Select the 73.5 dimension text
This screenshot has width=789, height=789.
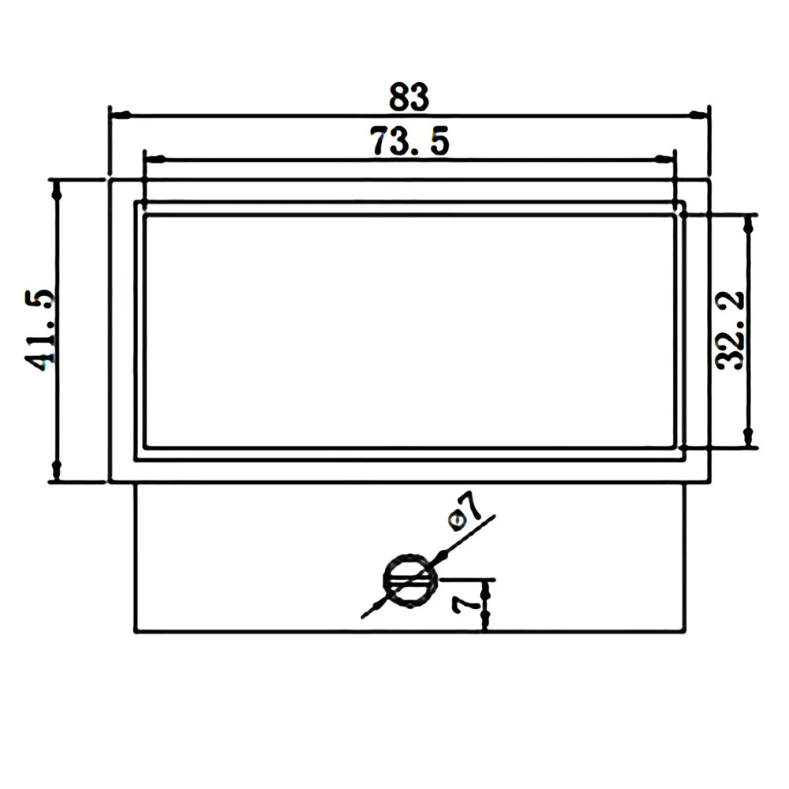click(409, 141)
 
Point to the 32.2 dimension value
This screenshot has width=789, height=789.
click(730, 330)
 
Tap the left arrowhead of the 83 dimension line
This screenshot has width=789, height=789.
click(121, 115)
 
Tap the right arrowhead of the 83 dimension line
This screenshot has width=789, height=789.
click(698, 115)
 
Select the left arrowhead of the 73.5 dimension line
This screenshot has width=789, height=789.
click(155, 159)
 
